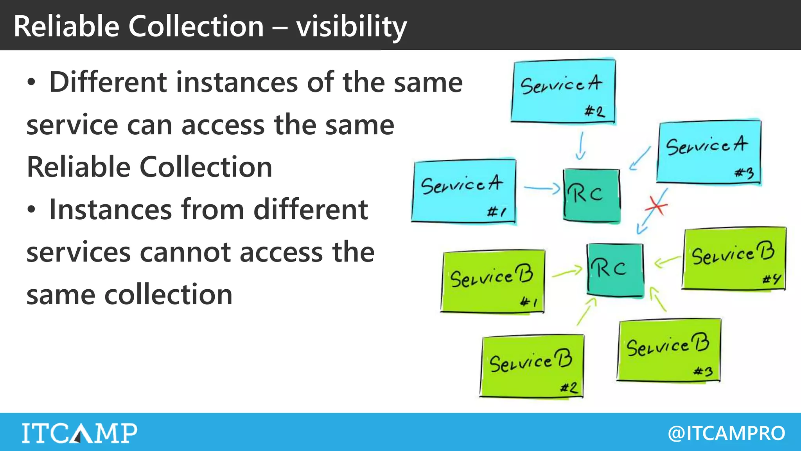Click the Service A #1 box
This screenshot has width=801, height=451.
[464, 191]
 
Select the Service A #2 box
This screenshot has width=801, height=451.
[563, 91]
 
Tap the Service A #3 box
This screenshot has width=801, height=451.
[709, 152]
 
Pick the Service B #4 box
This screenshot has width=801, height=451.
[734, 259]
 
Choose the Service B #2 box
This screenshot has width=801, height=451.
[532, 366]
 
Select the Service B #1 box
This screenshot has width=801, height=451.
[493, 281]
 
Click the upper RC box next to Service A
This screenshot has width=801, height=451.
[591, 195]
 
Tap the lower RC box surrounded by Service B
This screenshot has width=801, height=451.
[615, 269]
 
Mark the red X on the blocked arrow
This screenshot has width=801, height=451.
[657, 206]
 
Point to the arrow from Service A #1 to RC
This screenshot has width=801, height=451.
[541, 189]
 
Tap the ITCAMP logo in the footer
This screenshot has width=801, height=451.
[79, 433]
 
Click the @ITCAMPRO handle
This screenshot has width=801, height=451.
[726, 433]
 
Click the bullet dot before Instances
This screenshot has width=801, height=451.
[31, 210]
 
